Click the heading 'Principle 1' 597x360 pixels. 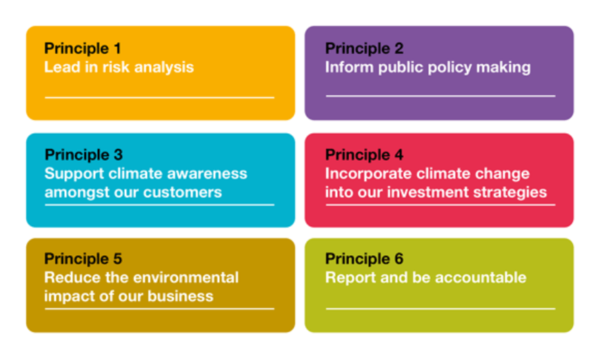pyautogui.click(x=83, y=49)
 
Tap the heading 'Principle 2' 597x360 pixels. pyautogui.click(x=364, y=49)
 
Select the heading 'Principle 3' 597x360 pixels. pyautogui.click(x=83, y=155)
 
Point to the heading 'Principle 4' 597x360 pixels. pyautogui.click(x=364, y=155)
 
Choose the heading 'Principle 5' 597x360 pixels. pyautogui.click(x=83, y=259)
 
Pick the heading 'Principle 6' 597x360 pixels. pyautogui.click(x=364, y=259)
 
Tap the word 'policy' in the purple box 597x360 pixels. pyautogui.click(x=449, y=68)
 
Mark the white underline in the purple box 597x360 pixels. pyautogui.click(x=441, y=96)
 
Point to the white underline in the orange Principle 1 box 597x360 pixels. pyautogui.click(x=159, y=97)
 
